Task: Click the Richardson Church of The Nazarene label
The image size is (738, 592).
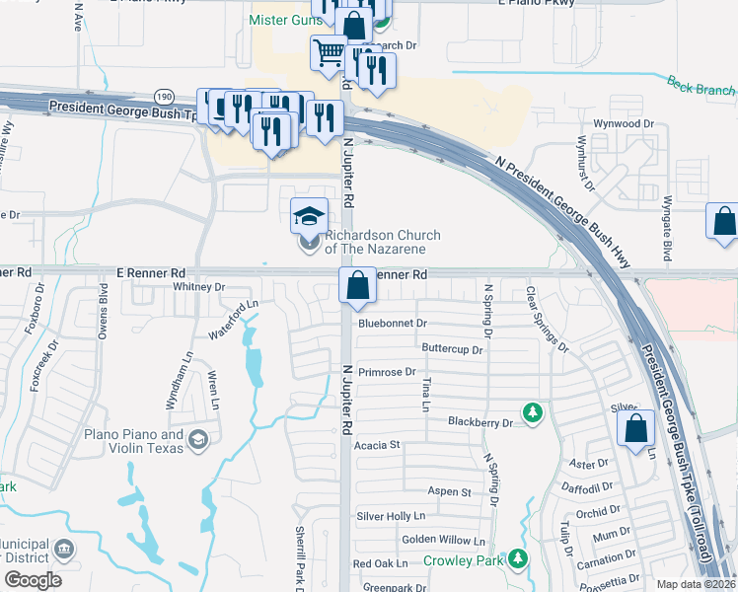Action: point(382,242)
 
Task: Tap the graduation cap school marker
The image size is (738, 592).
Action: point(309,215)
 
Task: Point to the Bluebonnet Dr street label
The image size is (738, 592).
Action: point(392,323)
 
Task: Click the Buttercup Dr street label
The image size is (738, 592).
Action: point(452,349)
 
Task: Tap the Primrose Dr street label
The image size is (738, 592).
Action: point(387,372)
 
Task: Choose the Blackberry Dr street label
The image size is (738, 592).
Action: point(480,422)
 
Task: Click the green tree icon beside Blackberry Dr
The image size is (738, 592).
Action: point(533,411)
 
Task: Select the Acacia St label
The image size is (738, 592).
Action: point(376,445)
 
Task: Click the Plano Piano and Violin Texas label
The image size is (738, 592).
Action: point(134,441)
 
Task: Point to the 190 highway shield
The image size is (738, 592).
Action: point(164,96)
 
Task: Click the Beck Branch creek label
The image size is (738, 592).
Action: point(701,88)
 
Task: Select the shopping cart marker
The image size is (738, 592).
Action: point(329,52)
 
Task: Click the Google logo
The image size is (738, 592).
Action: point(32,580)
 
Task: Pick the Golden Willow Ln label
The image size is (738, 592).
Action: point(443,541)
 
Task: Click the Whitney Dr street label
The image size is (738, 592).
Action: point(199,287)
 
